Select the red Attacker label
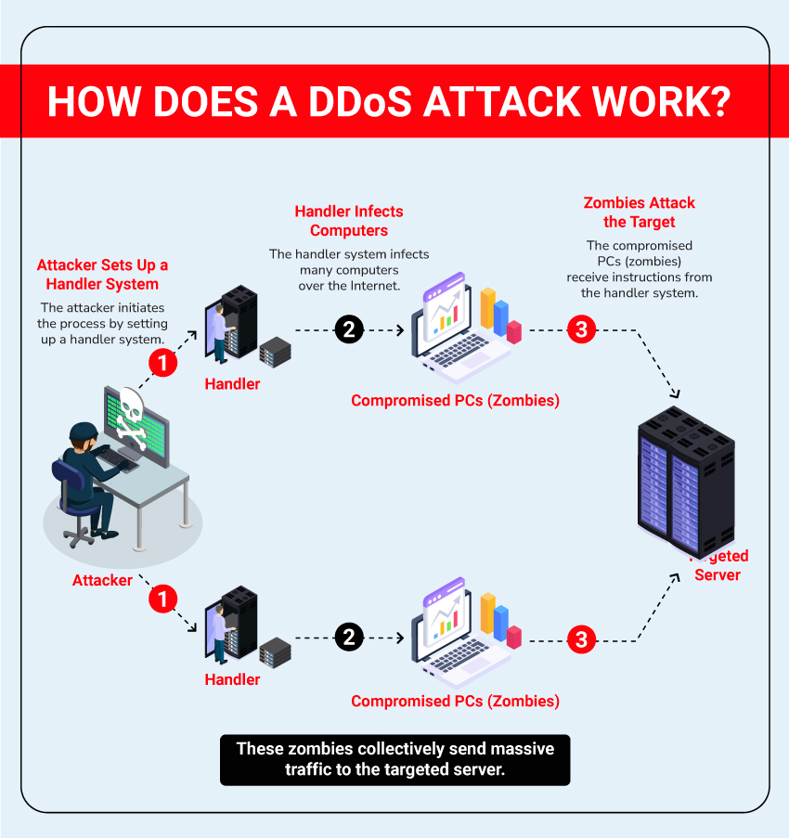pos(102,580)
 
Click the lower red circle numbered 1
pos(162,599)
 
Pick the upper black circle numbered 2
pos(348,329)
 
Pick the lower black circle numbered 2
pos(348,638)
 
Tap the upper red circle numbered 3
pos(581,329)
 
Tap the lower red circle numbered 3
pos(581,638)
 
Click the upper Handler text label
pos(232,384)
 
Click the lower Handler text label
pos(232,679)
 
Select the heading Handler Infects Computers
pos(349,221)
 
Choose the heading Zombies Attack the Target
pos(640,213)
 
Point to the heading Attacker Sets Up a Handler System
pos(102,275)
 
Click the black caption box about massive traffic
pos(394,760)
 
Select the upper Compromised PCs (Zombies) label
pos(455,401)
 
